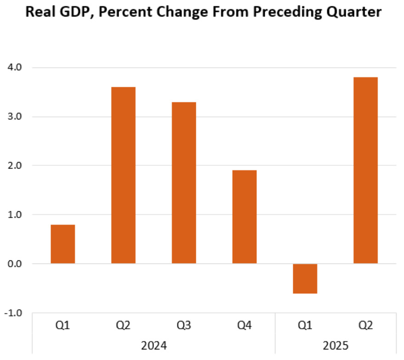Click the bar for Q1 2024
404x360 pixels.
pyautogui.click(x=63, y=244)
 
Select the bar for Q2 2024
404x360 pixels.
pyautogui.click(x=123, y=175)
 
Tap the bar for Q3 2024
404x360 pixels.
pyautogui.click(x=184, y=182)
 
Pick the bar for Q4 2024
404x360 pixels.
pyautogui.click(x=245, y=217)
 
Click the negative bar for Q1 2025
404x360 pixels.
pyautogui.click(x=305, y=278)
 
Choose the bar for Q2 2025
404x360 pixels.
pyautogui.click(x=365, y=170)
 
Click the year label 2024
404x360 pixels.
pyautogui.click(x=154, y=345)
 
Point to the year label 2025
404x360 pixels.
pyautogui.click(x=335, y=345)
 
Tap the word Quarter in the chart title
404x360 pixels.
pyautogui.click(x=353, y=12)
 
